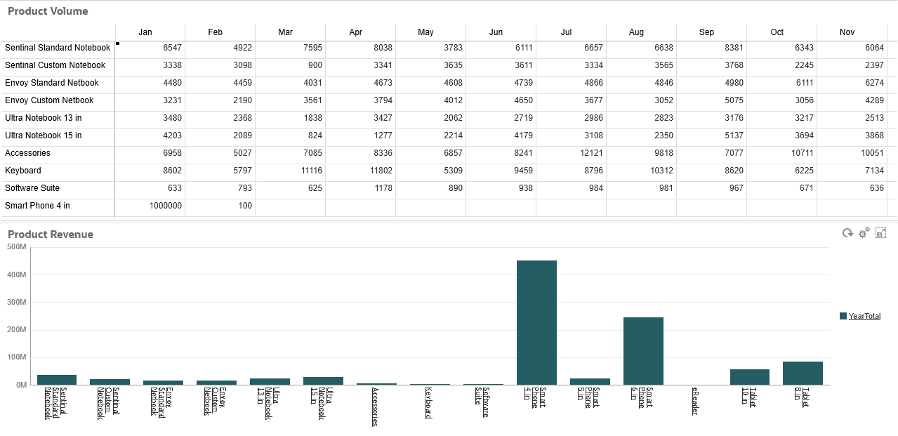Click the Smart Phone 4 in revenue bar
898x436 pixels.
coord(536,323)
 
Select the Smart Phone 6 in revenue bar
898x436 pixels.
coord(643,351)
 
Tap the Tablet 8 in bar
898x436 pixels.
coord(803,373)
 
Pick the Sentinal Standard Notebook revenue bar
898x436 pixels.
coord(57,380)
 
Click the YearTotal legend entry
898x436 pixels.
coord(864,317)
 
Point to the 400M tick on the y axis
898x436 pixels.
coord(17,275)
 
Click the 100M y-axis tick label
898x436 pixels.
coord(17,357)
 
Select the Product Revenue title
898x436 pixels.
coord(51,234)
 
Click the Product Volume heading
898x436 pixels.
coord(48,11)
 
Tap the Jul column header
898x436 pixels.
coord(566,32)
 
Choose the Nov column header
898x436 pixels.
coord(847,32)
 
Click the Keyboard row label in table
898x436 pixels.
coord(23,171)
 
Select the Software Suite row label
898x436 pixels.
coord(32,188)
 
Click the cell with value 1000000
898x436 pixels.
coord(166,206)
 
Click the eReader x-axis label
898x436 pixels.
coord(695,401)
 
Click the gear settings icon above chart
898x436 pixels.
coord(864,233)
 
